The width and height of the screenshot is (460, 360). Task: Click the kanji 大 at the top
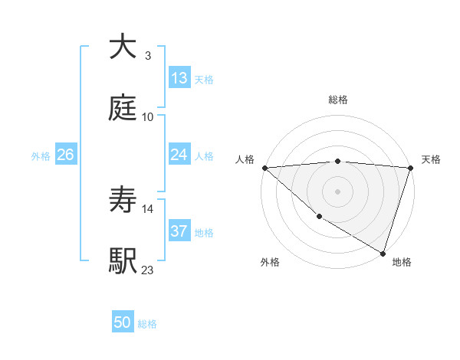(x=123, y=47)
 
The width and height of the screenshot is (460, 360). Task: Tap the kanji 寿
(x=123, y=201)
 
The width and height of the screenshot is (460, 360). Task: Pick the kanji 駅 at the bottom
(x=123, y=260)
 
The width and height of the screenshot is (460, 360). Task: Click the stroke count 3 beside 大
(x=147, y=56)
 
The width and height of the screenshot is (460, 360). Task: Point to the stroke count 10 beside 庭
(x=148, y=116)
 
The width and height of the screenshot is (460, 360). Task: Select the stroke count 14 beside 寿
(x=148, y=208)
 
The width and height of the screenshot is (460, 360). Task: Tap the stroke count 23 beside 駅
(x=148, y=270)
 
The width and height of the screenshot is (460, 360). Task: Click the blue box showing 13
(x=179, y=78)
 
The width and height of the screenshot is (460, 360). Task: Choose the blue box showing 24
(x=179, y=155)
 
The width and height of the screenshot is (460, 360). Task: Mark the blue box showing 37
(x=179, y=231)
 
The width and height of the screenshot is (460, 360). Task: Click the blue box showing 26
(x=65, y=155)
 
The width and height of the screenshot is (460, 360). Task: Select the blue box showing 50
(x=123, y=322)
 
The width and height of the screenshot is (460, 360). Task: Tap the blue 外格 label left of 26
(x=41, y=156)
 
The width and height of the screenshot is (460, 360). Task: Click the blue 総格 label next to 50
(x=147, y=324)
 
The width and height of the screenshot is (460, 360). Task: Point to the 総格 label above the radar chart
(x=337, y=100)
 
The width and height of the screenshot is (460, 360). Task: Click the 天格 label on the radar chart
(x=431, y=159)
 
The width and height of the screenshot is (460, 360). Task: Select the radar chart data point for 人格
(x=264, y=168)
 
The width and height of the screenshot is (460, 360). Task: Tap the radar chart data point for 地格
(x=383, y=252)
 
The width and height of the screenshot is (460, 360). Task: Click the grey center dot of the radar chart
(x=337, y=190)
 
